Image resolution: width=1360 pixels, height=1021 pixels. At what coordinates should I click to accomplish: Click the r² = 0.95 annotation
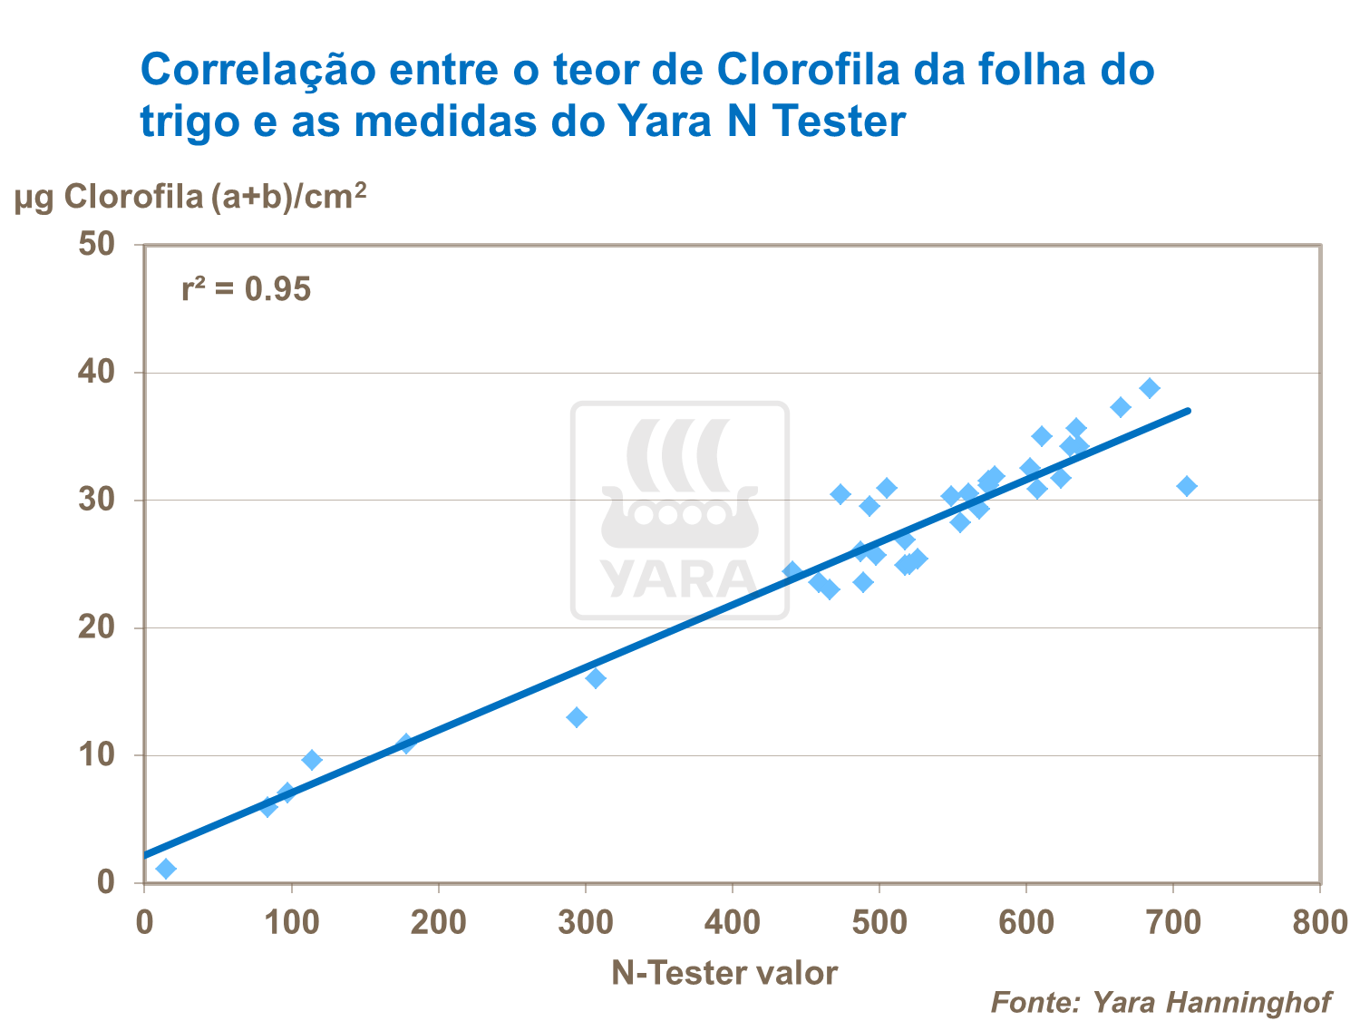pos(246,289)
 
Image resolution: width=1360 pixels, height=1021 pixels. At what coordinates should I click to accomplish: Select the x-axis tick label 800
pos(1319,923)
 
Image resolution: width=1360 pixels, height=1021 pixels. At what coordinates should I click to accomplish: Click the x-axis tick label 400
pos(732,923)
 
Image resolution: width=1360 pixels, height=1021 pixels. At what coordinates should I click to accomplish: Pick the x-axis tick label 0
pos(144,923)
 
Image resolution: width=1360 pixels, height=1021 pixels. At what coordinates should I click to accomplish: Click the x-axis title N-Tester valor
pos(724,973)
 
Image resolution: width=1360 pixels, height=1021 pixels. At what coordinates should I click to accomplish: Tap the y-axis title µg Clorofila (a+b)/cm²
pos(190,196)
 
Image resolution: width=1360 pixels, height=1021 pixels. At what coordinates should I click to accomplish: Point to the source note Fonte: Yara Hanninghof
pos(1161,1002)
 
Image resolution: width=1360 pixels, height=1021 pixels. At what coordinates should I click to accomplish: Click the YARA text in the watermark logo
pos(679,579)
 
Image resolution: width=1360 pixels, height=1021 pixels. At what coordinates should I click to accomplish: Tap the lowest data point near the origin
pos(166,869)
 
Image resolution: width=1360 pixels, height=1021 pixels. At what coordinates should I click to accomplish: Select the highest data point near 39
pos(1150,388)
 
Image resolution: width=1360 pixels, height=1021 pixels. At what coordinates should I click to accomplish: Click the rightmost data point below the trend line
pos(1187,486)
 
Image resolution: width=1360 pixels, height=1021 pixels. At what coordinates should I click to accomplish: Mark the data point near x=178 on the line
pos(406,744)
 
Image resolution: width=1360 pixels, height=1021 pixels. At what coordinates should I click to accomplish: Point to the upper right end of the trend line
pos(1188,411)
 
